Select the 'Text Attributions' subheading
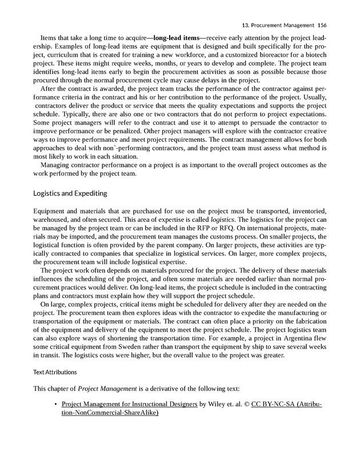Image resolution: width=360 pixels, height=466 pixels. pos(55,372)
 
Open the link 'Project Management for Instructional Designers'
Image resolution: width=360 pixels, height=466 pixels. pos(129,405)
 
